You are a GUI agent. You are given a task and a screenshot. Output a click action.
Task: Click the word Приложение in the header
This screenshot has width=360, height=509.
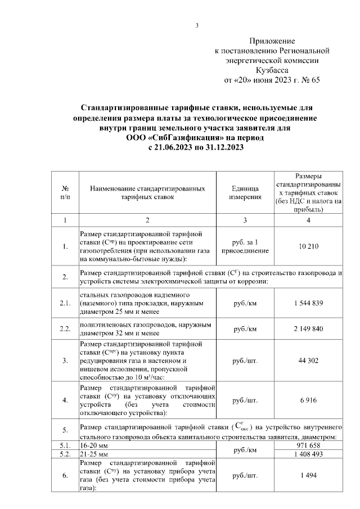(272, 41)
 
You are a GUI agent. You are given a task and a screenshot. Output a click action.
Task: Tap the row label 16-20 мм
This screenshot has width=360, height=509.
(93, 444)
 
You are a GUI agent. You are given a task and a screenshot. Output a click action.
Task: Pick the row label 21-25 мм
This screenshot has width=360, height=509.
(93, 453)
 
